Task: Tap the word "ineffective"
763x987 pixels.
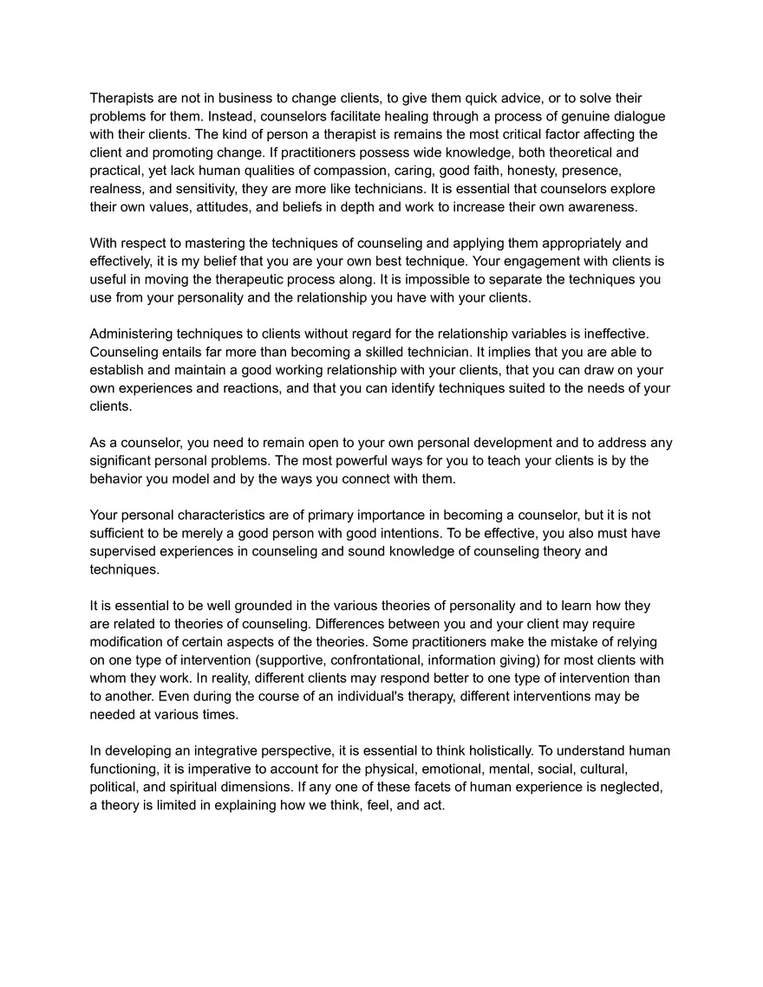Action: click(625, 334)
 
